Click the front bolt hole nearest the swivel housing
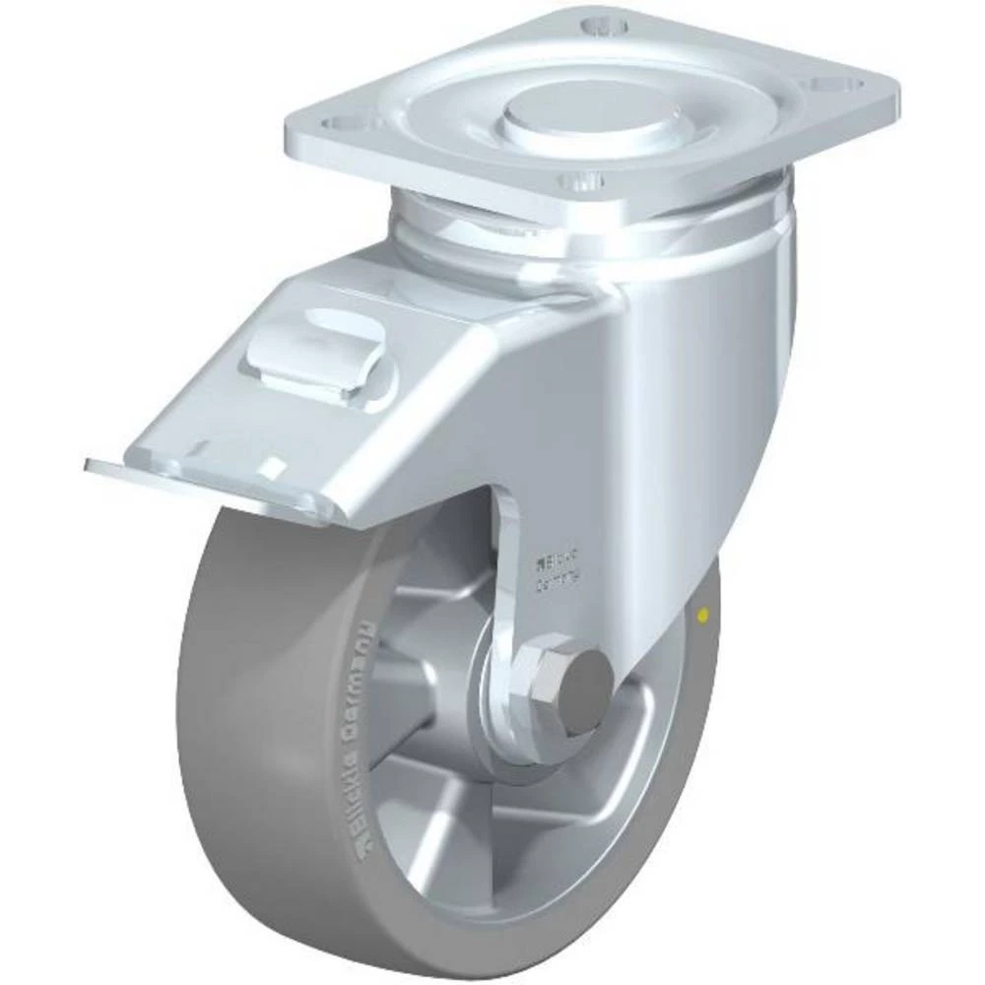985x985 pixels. [581, 181]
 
